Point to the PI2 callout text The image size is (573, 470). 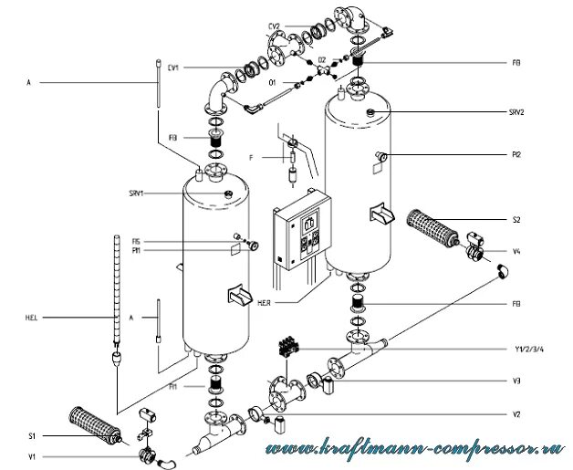[516, 154]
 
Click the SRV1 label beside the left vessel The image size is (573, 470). [140, 193]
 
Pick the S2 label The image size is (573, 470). [516, 220]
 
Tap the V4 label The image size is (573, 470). [516, 251]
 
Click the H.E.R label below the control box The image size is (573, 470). [294, 302]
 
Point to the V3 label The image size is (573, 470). [516, 380]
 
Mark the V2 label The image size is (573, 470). [516, 414]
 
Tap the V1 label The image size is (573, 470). [33, 455]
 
